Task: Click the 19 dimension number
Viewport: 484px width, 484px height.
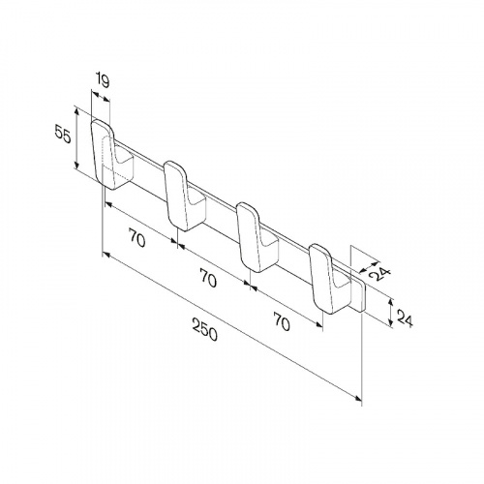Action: coord(103,81)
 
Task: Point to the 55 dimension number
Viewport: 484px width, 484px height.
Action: coord(62,134)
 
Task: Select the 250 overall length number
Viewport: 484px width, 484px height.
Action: coord(205,329)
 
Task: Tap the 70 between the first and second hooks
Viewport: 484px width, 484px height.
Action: coord(136,237)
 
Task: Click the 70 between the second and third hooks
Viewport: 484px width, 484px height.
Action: coord(208,278)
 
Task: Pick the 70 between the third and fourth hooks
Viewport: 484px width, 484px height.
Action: coord(282,320)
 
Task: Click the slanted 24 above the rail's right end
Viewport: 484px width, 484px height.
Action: coord(379,271)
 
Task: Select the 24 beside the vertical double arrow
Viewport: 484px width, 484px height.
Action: coord(405,318)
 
